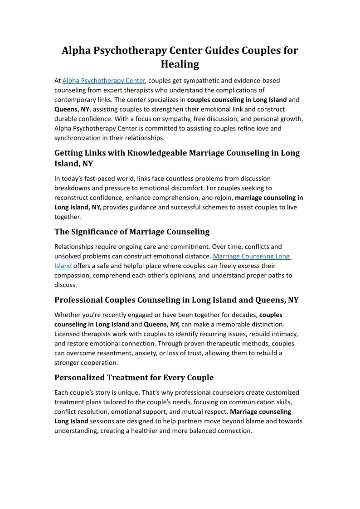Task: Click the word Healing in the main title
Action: point(180,64)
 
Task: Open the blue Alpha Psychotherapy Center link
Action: point(103,81)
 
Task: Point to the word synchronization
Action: point(76,138)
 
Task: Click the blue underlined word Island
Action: point(63,266)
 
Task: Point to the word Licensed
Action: point(67,334)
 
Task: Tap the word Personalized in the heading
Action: point(79,378)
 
